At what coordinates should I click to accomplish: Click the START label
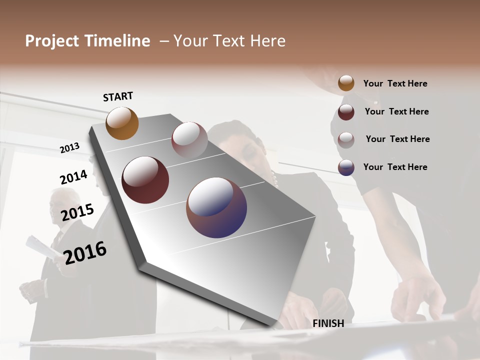coord(118,96)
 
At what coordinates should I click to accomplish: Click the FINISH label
coord(328,323)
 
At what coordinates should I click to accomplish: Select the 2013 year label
coord(70,148)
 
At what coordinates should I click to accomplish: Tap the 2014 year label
coord(74,177)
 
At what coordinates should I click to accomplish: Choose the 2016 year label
coord(85,252)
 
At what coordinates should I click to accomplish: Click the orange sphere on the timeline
coord(122,123)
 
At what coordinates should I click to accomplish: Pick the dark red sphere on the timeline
coord(145,180)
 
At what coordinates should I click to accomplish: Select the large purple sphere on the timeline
coord(216,207)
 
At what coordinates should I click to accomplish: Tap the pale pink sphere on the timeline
coord(189,139)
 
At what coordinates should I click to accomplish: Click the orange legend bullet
coord(346,83)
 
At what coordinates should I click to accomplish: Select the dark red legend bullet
coord(346,112)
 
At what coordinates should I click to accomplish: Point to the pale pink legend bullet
coord(346,140)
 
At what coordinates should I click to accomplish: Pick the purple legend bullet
coord(346,167)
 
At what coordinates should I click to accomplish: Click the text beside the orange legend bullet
coord(395,84)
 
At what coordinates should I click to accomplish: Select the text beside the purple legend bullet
coord(395,167)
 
